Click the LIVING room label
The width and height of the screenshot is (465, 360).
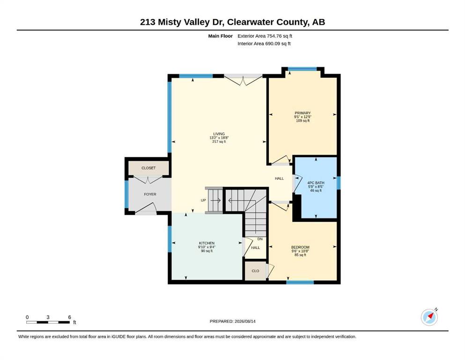(x=219, y=134)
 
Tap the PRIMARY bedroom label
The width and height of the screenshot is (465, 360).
(x=303, y=113)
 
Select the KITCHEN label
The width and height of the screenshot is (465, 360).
(x=207, y=243)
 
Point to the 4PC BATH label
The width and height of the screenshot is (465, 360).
(x=316, y=183)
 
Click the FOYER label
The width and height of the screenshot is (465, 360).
(x=150, y=194)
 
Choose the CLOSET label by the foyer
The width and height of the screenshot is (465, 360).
(x=148, y=168)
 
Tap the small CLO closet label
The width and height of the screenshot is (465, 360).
(x=255, y=271)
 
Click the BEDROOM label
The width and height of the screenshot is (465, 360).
(x=300, y=247)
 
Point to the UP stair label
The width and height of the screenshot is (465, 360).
(x=203, y=200)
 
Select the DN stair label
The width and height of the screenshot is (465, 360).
(x=260, y=239)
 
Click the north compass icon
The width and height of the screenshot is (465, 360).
(x=429, y=317)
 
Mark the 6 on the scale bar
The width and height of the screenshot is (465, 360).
(x=69, y=317)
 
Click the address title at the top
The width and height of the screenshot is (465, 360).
(x=232, y=22)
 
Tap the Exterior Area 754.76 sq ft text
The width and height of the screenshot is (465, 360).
(x=265, y=36)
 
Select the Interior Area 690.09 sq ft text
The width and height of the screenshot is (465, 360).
(x=264, y=44)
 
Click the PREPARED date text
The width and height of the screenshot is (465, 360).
(x=232, y=321)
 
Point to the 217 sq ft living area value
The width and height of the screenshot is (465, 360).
(x=219, y=142)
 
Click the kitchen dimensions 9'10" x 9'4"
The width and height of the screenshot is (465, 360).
(x=207, y=247)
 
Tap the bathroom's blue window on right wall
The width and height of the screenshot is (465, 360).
(x=339, y=183)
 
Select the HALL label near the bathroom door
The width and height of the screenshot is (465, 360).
(x=279, y=179)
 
